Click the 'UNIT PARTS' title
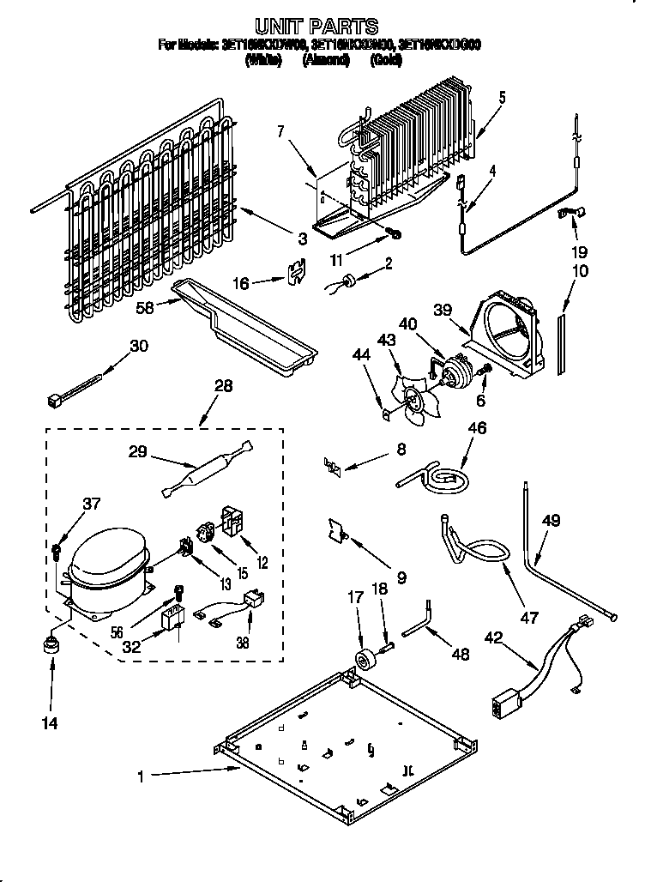317,26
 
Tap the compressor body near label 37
107,570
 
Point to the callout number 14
50,723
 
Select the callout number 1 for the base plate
140,776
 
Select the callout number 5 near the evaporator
502,97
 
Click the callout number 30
139,346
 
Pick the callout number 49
551,519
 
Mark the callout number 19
581,252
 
